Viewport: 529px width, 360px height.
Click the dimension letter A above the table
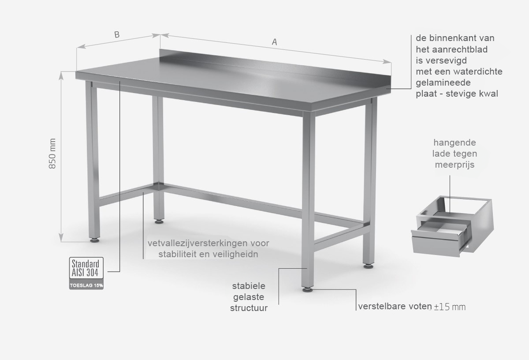(x=274, y=42)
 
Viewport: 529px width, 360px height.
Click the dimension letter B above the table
(x=117, y=35)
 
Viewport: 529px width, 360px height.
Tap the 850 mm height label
(x=52, y=154)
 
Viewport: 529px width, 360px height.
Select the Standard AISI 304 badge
(x=86, y=268)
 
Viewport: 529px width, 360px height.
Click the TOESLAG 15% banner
(x=86, y=285)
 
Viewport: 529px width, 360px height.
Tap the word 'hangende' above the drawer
(x=454, y=142)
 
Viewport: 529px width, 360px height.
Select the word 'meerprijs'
(x=454, y=165)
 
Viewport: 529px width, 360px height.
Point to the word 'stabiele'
(x=249, y=286)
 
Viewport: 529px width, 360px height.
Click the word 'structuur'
(x=249, y=308)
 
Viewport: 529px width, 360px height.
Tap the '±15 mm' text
(x=450, y=307)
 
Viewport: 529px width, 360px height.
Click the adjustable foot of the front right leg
(x=308, y=289)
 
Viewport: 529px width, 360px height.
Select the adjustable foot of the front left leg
(x=95, y=240)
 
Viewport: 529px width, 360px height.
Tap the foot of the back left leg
(x=160, y=222)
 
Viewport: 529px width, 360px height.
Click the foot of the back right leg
(x=368, y=266)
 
